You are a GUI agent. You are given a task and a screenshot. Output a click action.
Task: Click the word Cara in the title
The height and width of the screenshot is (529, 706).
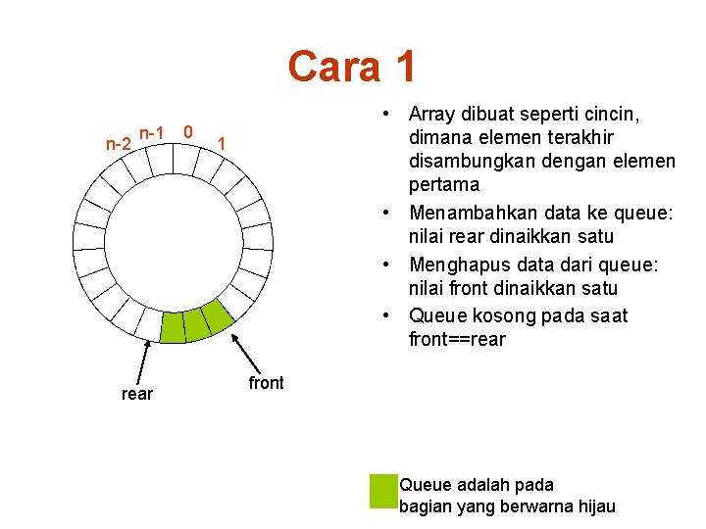point(333,67)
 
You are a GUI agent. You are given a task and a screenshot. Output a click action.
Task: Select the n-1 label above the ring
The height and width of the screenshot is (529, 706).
point(153,131)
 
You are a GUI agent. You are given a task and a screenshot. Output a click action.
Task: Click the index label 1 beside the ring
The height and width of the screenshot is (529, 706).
point(223,145)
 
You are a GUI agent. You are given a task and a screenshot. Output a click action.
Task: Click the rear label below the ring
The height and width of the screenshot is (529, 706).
point(136,395)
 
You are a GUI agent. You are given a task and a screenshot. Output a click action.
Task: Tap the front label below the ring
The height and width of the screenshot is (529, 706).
point(266,383)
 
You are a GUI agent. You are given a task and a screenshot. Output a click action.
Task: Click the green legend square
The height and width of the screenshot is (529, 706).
point(382,492)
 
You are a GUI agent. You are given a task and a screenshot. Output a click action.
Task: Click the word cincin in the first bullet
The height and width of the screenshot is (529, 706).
point(613,114)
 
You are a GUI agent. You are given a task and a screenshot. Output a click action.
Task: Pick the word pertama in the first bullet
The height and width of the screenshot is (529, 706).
point(443,185)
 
